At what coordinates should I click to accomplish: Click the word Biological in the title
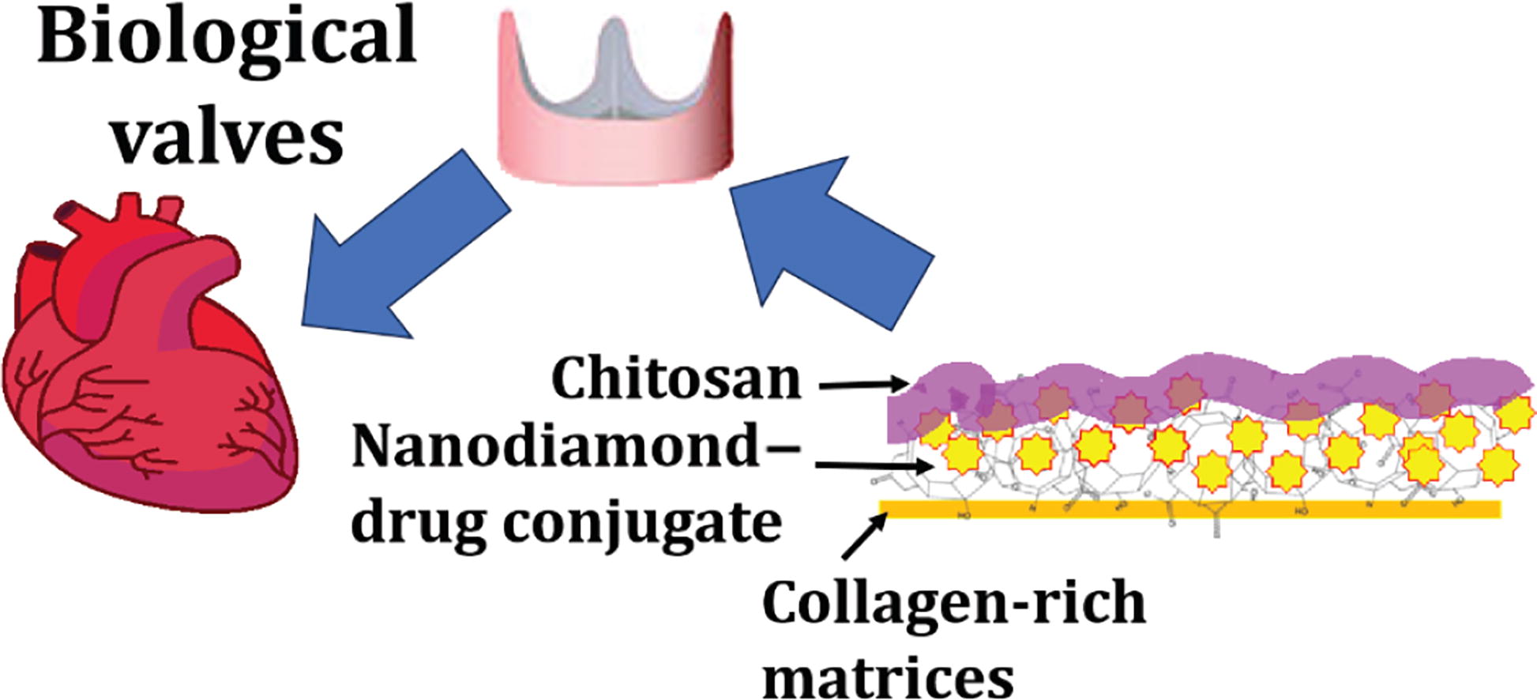coord(227,36)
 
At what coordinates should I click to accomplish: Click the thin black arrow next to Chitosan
coord(865,386)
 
